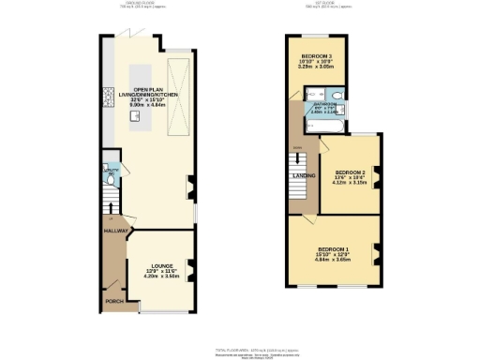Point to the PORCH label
pyautogui.click(x=115, y=301)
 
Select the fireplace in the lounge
pyautogui.click(x=190, y=272)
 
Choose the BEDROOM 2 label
pyautogui.click(x=351, y=173)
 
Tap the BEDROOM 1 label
pyautogui.click(x=333, y=248)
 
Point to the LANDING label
pyautogui.click(x=304, y=175)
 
